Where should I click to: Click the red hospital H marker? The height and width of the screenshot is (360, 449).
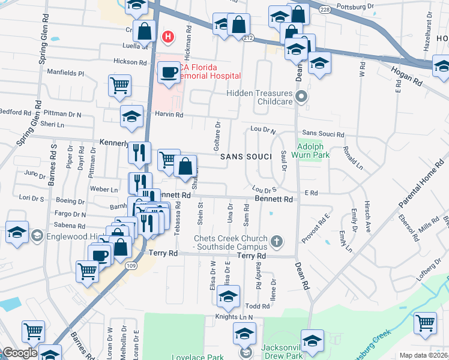(x=168, y=37)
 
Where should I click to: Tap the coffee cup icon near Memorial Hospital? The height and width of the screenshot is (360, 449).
(x=169, y=73)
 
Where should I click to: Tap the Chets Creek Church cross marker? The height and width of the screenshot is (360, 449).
(x=277, y=241)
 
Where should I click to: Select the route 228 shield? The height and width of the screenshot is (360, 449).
(x=325, y=10)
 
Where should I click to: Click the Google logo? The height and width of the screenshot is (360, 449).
(x=20, y=353)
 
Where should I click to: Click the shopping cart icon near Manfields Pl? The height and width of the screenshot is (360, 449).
(x=119, y=85)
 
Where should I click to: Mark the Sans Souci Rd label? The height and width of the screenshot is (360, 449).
(x=323, y=134)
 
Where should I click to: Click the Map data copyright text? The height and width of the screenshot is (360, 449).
(x=424, y=355)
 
